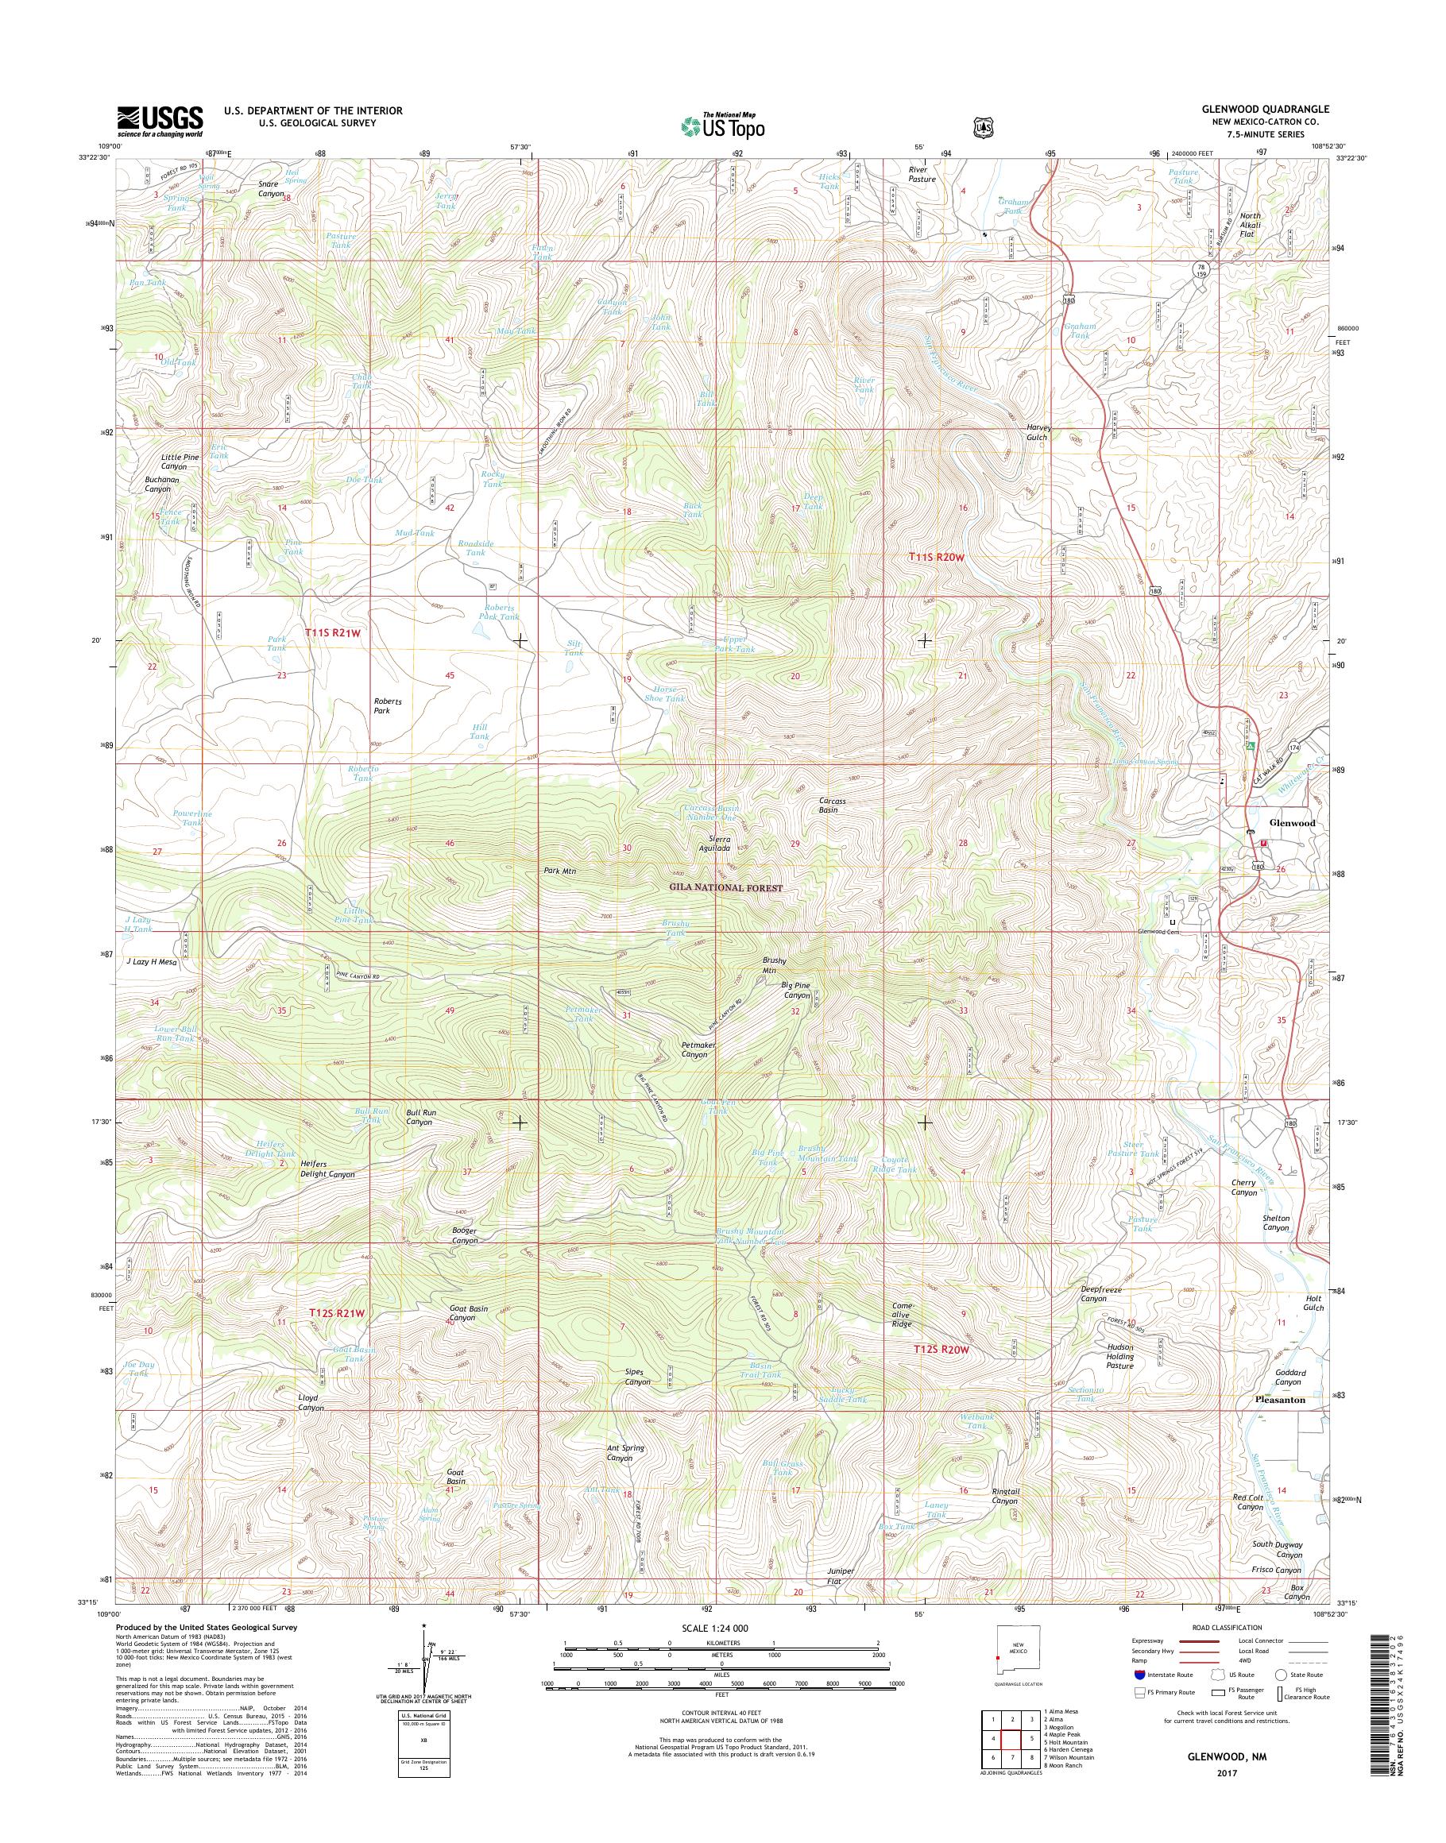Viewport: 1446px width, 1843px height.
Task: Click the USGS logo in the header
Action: pyautogui.click(x=160, y=121)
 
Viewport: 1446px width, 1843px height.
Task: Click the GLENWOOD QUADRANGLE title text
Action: pyautogui.click(x=1276, y=109)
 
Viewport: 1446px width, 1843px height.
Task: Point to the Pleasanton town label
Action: pyautogui.click(x=1278, y=1400)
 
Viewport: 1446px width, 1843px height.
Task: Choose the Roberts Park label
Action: pyautogui.click(x=388, y=706)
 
